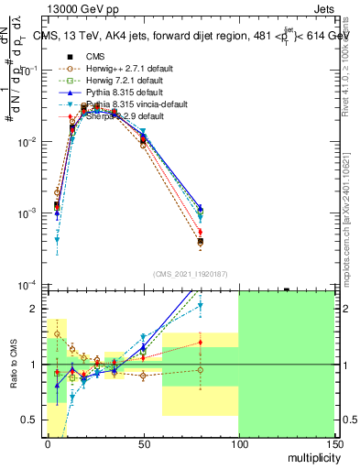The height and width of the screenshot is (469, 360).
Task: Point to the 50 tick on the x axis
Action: tap(143, 444)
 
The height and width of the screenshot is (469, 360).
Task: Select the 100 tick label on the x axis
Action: tap(238, 444)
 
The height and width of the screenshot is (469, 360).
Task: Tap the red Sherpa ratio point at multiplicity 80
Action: tap(201, 343)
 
